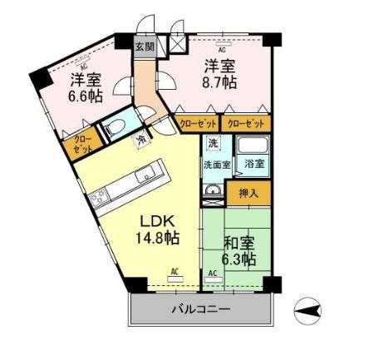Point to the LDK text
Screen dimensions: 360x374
pos(156,221)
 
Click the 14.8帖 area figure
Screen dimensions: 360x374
pos(158,239)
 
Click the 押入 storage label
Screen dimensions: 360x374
pos(249,194)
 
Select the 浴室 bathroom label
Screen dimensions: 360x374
pos(254,164)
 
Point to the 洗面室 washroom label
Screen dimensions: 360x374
pos(219,165)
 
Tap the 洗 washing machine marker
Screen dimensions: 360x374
pos(214,143)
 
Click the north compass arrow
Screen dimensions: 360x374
pos(308,312)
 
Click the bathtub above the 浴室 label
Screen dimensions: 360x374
pos(253,145)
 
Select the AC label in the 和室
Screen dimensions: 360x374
pos(212,273)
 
